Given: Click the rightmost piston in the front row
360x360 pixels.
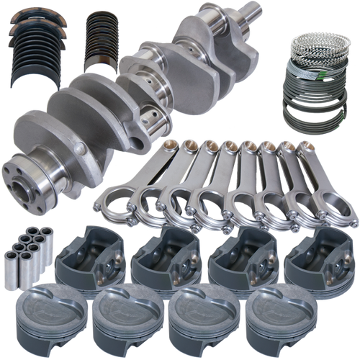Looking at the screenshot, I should (x=281, y=317).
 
